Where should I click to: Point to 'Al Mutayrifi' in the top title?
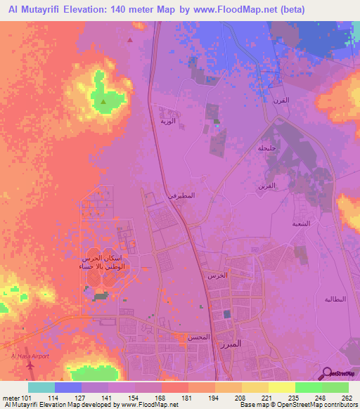[x=34, y=9]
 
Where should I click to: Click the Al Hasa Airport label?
[x=32, y=356]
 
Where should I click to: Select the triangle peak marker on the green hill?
[x=104, y=103]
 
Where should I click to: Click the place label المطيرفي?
[x=181, y=195]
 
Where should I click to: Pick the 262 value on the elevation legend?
[x=346, y=397]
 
